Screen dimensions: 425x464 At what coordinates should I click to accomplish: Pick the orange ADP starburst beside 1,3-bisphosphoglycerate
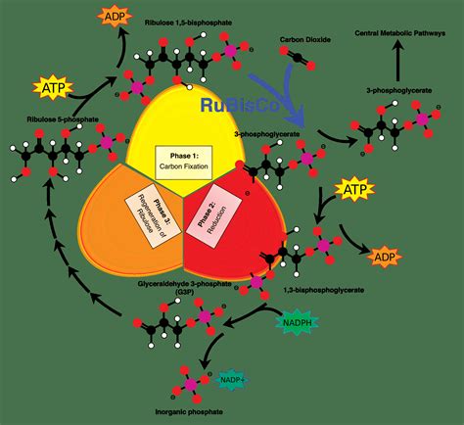pos(384,258)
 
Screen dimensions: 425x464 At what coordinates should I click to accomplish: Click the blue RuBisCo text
pos(233,104)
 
